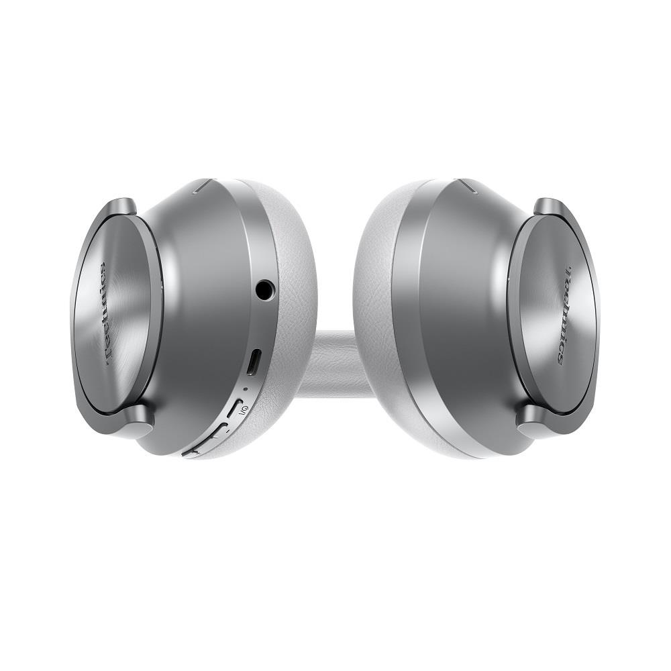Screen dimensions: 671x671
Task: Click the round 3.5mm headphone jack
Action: (265, 290)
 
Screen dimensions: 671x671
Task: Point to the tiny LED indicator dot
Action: (244, 389)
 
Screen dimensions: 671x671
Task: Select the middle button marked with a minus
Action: (217, 431)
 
